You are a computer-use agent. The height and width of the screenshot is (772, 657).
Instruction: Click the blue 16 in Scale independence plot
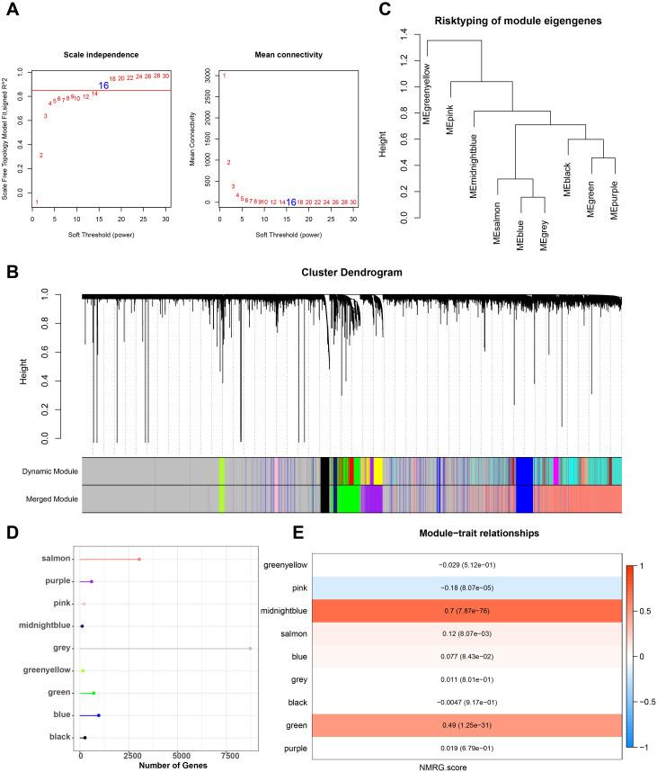pyautogui.click(x=104, y=85)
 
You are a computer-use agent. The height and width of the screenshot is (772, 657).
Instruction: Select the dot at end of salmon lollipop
pyautogui.click(x=139, y=559)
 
